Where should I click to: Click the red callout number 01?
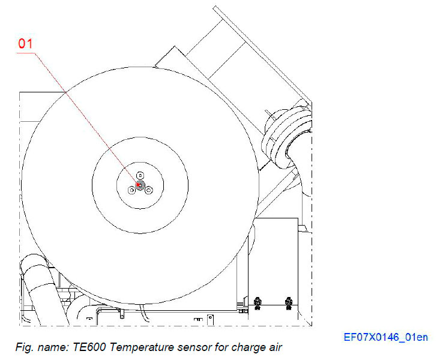[x=26, y=43]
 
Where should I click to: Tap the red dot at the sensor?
[x=139, y=185]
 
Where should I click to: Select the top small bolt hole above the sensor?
[x=140, y=175]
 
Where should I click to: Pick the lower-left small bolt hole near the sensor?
[x=131, y=190]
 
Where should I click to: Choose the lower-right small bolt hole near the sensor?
[x=149, y=190]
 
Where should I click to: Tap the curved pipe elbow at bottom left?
[x=33, y=270]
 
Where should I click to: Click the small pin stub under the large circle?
[x=121, y=313]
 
